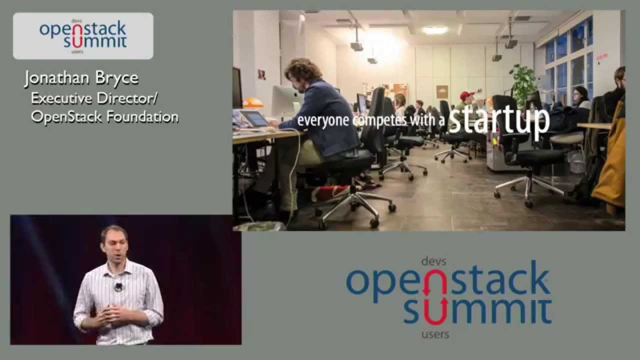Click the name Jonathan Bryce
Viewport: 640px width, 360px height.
81,79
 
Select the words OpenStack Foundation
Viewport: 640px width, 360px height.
104,117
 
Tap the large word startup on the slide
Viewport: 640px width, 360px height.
498,120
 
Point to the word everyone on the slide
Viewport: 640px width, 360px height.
323,120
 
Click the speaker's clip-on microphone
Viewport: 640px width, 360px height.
118,287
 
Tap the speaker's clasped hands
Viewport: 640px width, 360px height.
111,315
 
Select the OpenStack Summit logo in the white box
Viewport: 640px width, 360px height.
83,35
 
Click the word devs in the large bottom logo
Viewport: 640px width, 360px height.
433,260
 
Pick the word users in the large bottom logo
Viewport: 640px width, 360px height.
435,334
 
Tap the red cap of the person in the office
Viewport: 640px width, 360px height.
467,95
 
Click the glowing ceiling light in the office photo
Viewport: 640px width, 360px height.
435,29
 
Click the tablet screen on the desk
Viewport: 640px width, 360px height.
254,118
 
